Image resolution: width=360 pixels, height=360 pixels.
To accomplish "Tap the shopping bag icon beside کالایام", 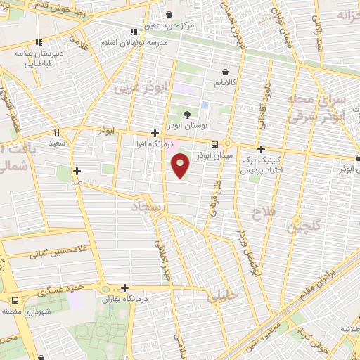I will pos(224,72).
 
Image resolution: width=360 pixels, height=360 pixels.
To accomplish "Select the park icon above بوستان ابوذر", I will pos(187,115).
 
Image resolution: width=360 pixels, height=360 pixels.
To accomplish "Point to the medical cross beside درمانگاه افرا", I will pos(155,132).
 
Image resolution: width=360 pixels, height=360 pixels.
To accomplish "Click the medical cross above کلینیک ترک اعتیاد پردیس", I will pos(261,149).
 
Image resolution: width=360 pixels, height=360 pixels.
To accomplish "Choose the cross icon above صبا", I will pos(77,171).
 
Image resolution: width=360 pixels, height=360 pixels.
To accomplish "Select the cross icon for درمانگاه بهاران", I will pos(124,288).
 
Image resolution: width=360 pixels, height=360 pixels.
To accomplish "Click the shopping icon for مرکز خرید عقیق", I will pos(169,13).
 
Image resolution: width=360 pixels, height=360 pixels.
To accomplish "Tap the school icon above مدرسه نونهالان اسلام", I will pos(134,32).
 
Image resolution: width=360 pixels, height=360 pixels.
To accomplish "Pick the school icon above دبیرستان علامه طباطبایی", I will pos(39,42).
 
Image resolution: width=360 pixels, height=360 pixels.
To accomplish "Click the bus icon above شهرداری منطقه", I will pos(15,300).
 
